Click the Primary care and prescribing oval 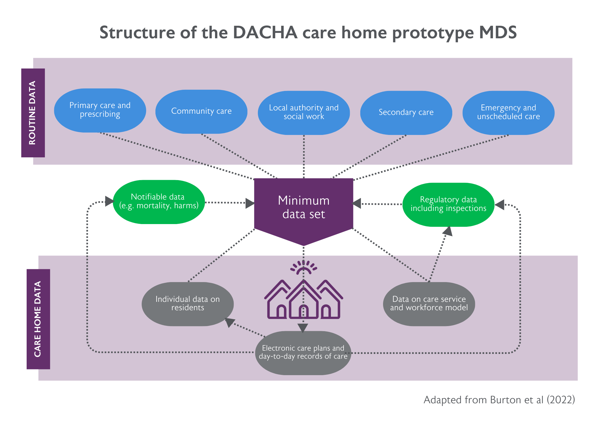pos(100,110)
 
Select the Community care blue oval pos(201,111)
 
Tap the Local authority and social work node pos(304,112)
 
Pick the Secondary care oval pos(406,112)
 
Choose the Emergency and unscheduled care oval pos(508,112)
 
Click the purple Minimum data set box pos(303,208)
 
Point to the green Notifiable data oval pos(159,202)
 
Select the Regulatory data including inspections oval pos(448,204)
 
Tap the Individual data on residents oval pos(187,304)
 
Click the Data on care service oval pos(429,304)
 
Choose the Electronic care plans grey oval pos(303,353)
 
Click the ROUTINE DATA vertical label pos(33,113)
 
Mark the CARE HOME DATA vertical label pos(38,319)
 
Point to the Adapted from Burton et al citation pos(499,400)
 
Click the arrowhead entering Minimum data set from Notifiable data pos(250,203)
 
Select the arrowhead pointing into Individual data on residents pos(229,322)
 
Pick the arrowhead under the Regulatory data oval pos(448,231)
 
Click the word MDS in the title pos(498,32)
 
